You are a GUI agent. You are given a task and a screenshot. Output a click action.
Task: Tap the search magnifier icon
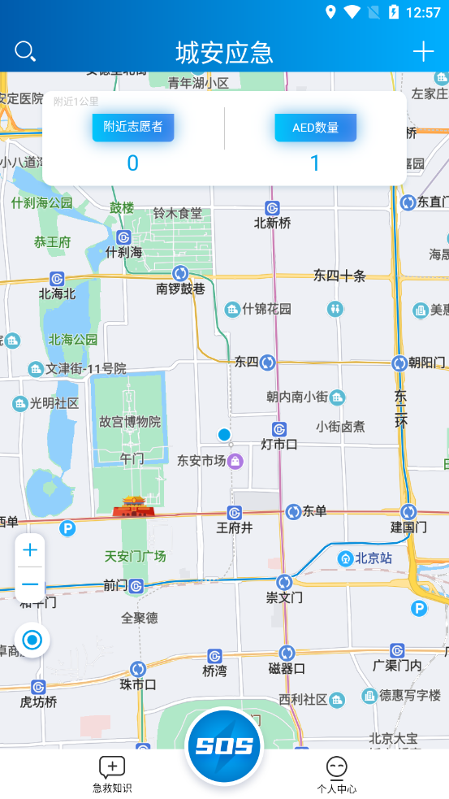[x=25, y=52]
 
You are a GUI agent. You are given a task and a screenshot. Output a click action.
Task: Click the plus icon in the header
[x=423, y=52]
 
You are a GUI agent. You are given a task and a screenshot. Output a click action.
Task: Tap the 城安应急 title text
[x=224, y=53]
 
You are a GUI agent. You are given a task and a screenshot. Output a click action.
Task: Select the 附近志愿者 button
[x=132, y=128]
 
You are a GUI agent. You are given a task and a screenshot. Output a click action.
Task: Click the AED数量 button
[x=315, y=128]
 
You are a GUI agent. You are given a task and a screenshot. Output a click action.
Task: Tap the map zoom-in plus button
[x=30, y=550]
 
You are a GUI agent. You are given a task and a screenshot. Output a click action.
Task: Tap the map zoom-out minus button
[x=30, y=584]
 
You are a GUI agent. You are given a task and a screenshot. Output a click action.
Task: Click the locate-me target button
[x=32, y=641]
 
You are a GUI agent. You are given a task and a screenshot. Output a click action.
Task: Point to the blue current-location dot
[x=224, y=435]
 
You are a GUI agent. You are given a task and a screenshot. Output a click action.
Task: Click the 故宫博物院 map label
[x=130, y=422]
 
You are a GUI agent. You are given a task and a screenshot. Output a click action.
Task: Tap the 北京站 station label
[x=373, y=558]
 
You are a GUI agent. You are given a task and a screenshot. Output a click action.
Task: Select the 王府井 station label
[x=235, y=528]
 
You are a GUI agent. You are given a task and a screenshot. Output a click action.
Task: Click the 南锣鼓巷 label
[x=181, y=288]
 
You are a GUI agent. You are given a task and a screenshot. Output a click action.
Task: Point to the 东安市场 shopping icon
[x=235, y=461]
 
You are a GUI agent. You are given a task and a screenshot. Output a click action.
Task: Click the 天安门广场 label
[x=135, y=557]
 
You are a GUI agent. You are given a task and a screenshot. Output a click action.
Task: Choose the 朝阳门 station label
[x=427, y=363]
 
